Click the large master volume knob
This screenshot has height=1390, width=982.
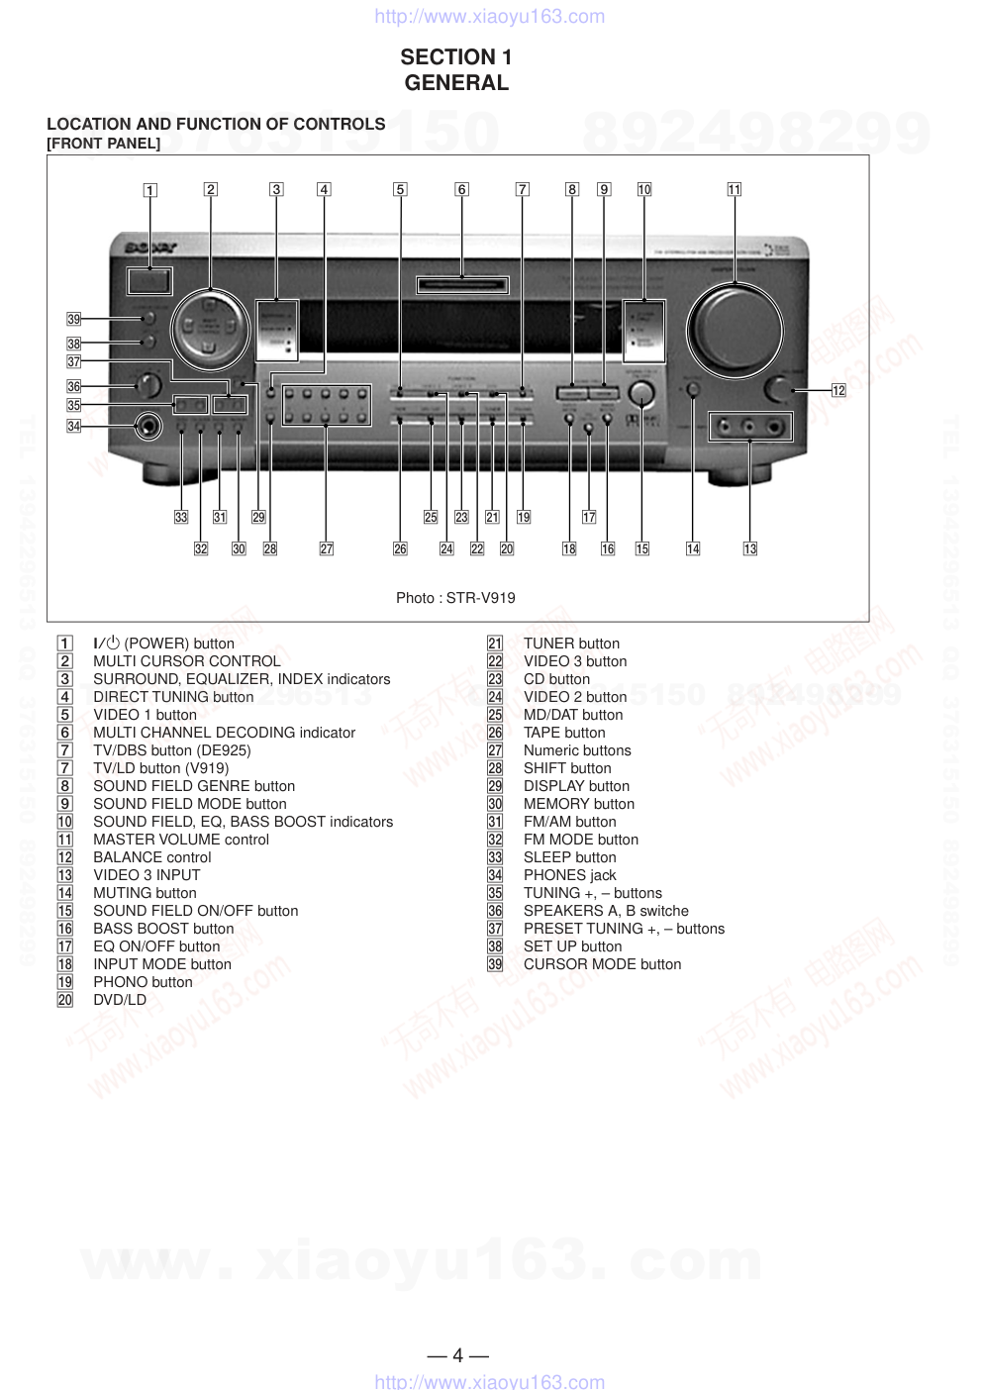pos(735,332)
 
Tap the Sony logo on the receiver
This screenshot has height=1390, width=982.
pos(149,248)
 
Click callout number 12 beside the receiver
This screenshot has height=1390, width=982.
pos(838,390)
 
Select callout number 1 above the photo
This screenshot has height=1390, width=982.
pos(149,190)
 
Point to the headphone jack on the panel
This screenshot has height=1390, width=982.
pos(149,427)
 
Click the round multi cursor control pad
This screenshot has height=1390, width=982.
pos(209,329)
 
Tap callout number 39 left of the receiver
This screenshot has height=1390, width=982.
pos(73,319)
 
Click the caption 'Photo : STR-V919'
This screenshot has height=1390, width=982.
pos(455,598)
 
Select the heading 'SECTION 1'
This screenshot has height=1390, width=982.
pos(456,57)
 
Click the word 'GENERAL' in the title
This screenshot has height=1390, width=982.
pos(456,83)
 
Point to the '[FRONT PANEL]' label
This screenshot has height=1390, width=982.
pos(103,144)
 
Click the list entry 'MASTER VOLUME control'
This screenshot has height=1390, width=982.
pos(181,840)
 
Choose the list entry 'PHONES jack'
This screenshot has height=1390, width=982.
pos(569,875)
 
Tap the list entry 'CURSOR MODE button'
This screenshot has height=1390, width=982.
pos(602,964)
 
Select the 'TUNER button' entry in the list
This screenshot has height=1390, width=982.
pos(571,644)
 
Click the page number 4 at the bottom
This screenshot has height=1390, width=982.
pos(457,1355)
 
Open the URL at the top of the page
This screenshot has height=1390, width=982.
pos(489,17)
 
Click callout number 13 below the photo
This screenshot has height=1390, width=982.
pos(750,548)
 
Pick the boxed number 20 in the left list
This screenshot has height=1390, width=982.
pos(65,1000)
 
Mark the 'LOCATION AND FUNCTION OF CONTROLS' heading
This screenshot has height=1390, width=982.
pos(216,124)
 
